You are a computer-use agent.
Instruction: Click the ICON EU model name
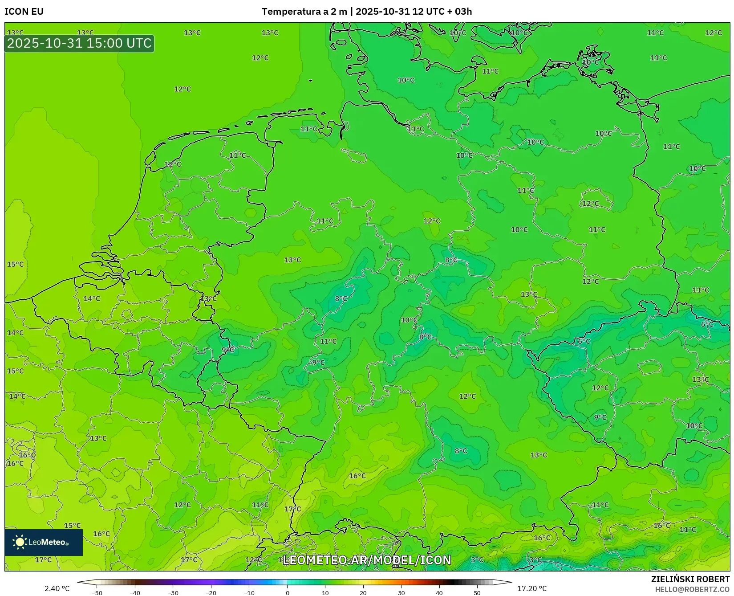(x=24, y=12)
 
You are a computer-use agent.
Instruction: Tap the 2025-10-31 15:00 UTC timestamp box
(x=79, y=44)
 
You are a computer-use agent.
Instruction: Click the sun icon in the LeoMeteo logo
(x=20, y=542)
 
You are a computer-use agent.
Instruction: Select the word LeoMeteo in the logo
(x=47, y=542)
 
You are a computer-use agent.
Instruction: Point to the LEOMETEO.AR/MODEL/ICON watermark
(x=367, y=560)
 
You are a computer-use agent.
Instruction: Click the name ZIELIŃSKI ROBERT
(x=690, y=579)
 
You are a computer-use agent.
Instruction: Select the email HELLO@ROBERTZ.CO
(x=692, y=589)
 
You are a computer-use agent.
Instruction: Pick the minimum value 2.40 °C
(x=57, y=588)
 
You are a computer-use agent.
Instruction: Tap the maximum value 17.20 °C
(x=532, y=588)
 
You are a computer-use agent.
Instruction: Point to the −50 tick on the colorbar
(x=97, y=593)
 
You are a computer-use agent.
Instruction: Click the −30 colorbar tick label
(x=173, y=593)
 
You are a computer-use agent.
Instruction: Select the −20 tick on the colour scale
(x=211, y=593)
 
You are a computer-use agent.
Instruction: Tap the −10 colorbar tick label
(x=249, y=593)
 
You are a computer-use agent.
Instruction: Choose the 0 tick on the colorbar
(x=288, y=593)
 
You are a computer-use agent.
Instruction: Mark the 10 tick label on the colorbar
(x=325, y=593)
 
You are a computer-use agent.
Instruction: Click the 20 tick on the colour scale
(x=363, y=593)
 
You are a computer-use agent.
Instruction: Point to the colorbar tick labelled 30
(x=401, y=593)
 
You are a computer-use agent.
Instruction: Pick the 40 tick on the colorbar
(x=439, y=593)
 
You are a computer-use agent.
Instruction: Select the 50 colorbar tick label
(x=477, y=593)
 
